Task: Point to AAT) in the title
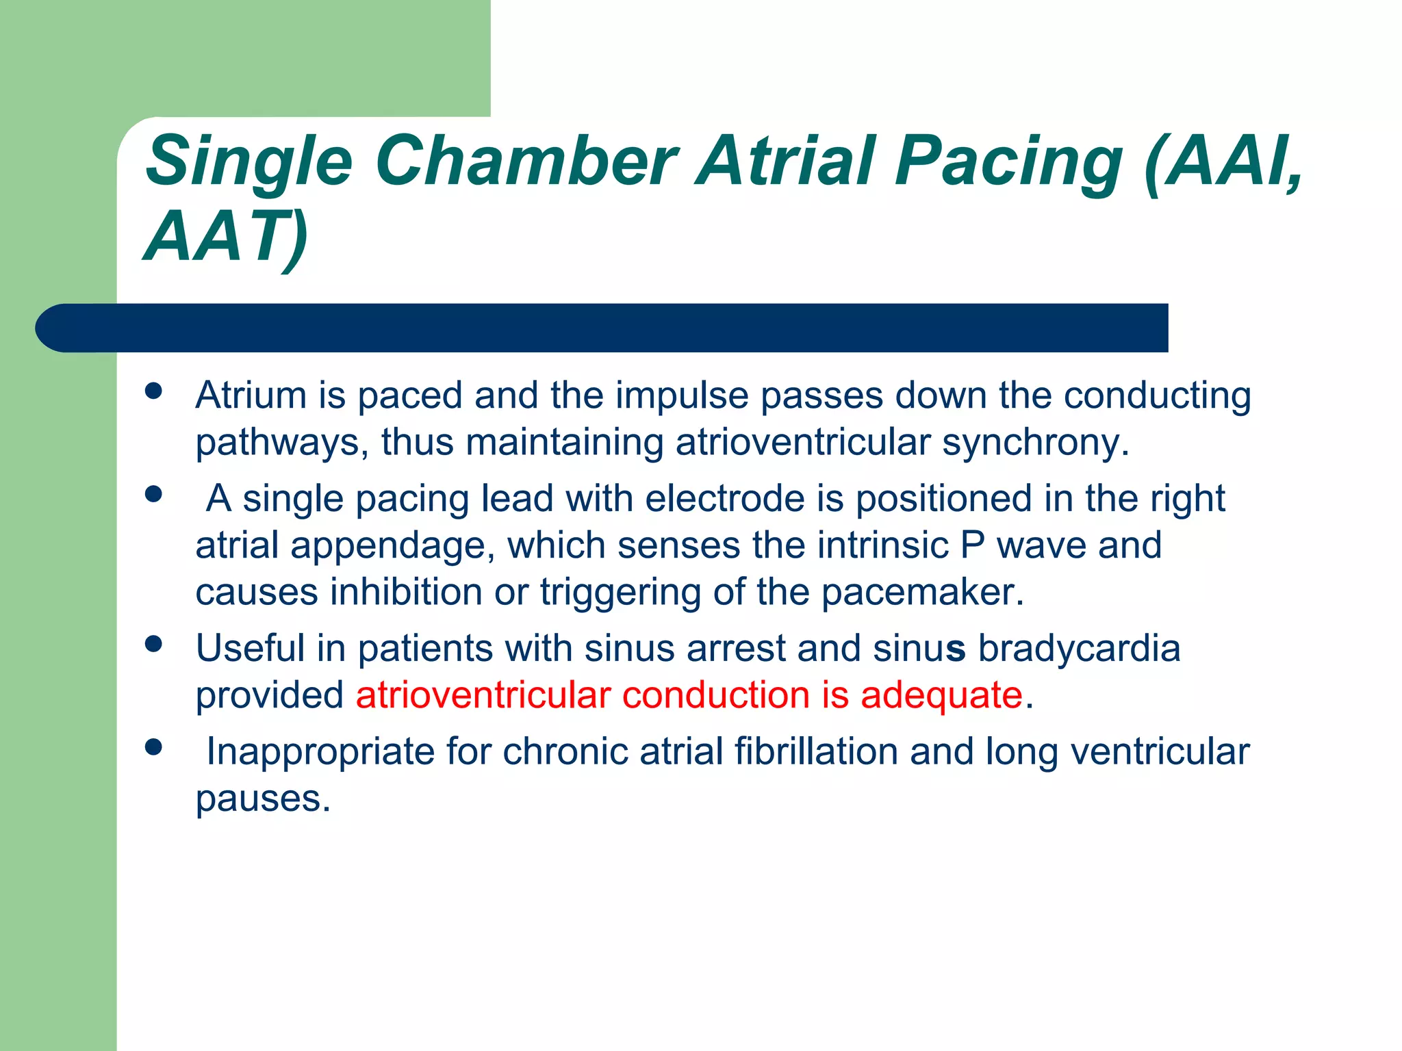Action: pos(227,237)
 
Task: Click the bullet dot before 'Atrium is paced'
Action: pos(153,391)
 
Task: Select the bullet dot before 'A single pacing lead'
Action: pos(153,494)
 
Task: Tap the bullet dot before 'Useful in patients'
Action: pos(153,644)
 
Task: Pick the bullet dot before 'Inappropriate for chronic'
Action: pos(153,747)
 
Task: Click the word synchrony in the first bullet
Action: pos(1034,443)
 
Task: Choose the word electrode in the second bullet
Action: pos(725,498)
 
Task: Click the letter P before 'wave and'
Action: pos(972,545)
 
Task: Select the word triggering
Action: pos(620,593)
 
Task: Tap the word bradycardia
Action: pos(1079,648)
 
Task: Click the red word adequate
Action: pos(941,695)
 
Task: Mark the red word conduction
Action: pos(716,695)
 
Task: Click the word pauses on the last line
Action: pos(262,799)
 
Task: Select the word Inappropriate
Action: pos(320,751)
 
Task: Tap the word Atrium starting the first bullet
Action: pos(251,395)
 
